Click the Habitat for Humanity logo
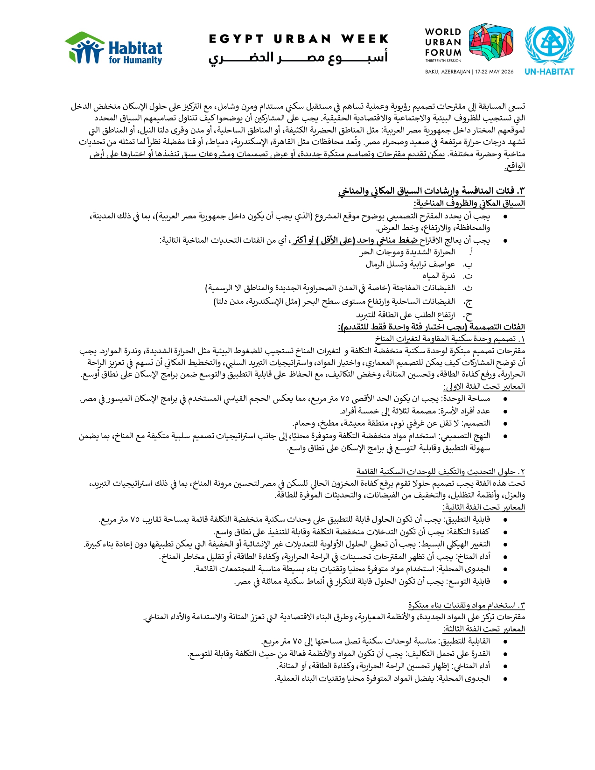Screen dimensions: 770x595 pos(113,48)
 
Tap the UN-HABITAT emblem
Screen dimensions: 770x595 pos(549,49)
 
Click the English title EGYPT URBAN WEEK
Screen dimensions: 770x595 pos(299,39)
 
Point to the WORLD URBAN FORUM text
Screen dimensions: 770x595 pos(443,42)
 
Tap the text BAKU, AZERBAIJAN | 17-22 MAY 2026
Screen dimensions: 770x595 pos(469,72)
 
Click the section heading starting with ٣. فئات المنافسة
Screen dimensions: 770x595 pos(431,191)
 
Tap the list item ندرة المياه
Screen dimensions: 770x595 pos(439,276)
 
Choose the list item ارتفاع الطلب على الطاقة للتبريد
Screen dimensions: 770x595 pos(406,315)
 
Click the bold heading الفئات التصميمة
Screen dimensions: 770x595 pos(431,327)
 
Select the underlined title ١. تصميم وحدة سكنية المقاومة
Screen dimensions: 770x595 pos(450,338)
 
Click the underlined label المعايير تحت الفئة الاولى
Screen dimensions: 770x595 pos(484,386)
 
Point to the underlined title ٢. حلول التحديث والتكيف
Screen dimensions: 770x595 pos(441,471)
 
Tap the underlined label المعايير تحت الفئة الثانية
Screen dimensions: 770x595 pos(483,507)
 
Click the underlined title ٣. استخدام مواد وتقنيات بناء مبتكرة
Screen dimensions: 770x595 pos(466,605)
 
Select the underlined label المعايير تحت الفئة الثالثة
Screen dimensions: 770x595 pos(483,629)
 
